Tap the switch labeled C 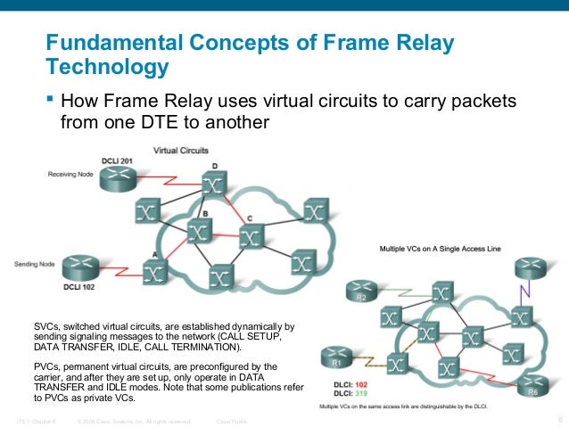[x=252, y=236]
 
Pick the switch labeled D [x=212, y=185]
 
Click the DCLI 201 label [x=115, y=160]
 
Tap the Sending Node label [x=35, y=264]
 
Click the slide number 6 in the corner [x=558, y=419]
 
